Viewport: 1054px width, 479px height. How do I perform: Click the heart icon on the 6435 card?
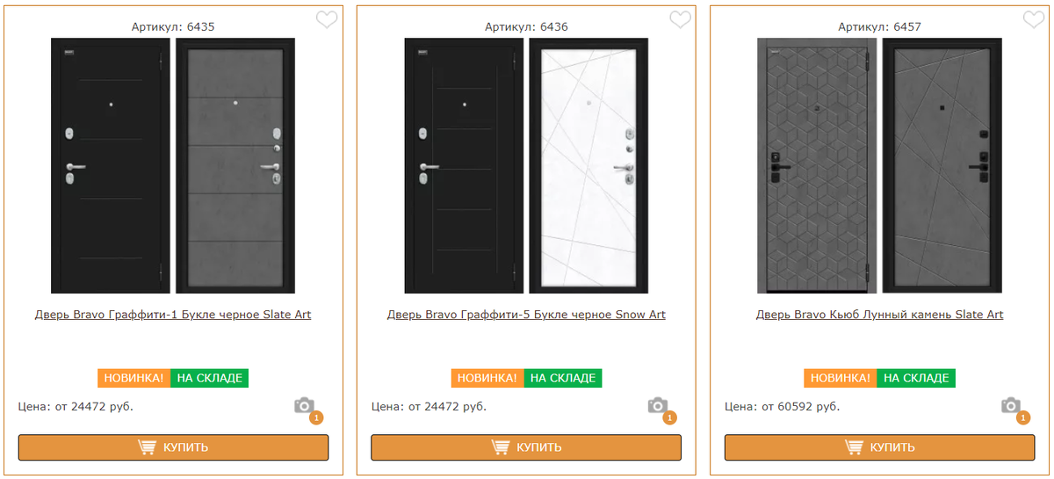(x=327, y=20)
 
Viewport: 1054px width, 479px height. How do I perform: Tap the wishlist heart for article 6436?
(x=680, y=20)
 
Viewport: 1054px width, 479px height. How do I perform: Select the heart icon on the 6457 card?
(x=1033, y=20)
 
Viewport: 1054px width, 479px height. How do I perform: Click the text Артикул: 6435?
(x=173, y=27)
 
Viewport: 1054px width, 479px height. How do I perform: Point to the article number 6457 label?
(x=879, y=27)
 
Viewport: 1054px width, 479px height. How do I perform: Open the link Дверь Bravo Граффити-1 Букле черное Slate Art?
(x=173, y=315)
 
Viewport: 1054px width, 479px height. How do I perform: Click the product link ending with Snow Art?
(x=526, y=315)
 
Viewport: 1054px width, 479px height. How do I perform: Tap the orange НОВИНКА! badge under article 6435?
(x=134, y=378)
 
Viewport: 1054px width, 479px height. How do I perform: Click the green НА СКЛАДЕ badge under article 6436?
(x=563, y=378)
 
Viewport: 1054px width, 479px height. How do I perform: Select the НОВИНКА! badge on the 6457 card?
(x=841, y=378)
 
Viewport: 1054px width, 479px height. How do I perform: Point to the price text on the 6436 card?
(x=429, y=406)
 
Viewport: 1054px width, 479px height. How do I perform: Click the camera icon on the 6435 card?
(x=305, y=405)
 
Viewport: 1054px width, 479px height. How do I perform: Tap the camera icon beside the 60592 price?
(x=1011, y=405)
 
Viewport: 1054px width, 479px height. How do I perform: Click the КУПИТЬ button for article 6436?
(x=526, y=447)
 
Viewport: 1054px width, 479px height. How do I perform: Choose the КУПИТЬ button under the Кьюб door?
(x=879, y=447)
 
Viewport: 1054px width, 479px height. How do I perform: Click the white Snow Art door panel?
(x=588, y=166)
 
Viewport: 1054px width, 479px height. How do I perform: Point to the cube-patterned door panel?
(x=817, y=166)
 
